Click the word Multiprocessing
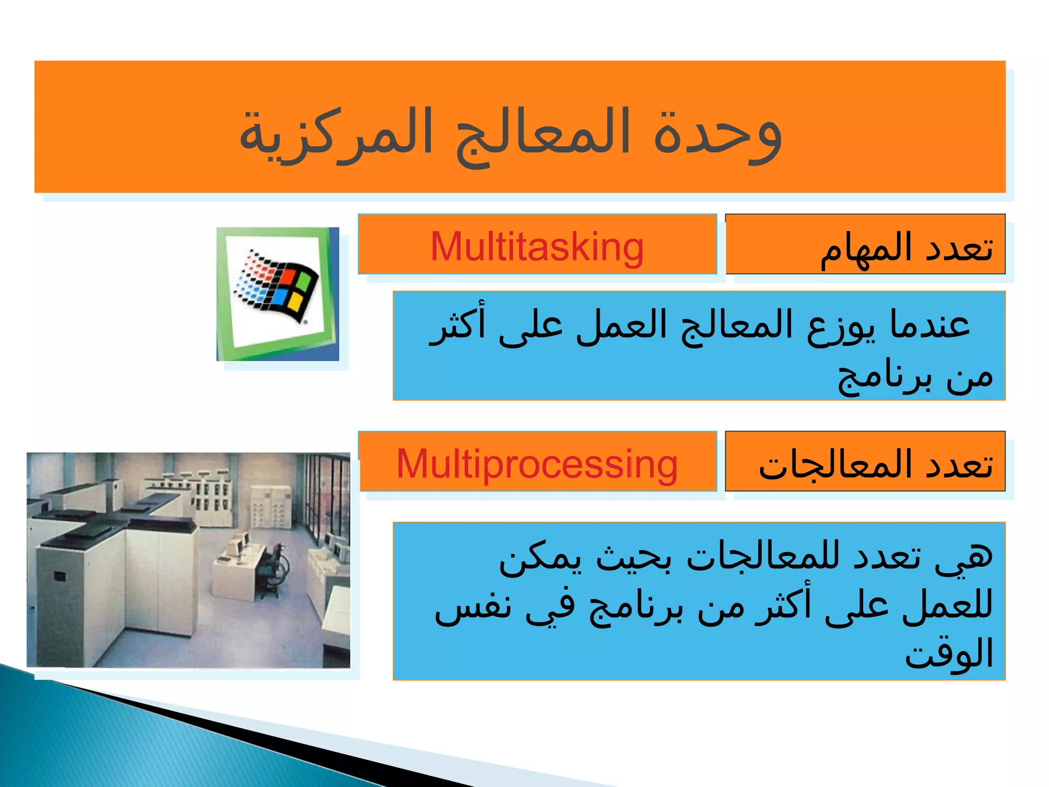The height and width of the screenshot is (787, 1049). [537, 464]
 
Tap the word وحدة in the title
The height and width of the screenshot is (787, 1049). [717, 134]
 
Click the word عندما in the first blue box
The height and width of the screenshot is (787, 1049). [930, 325]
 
